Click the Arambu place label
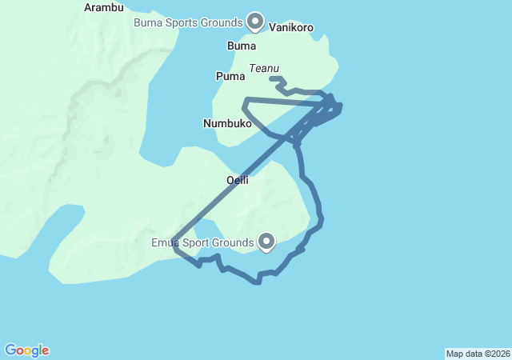tap(104, 8)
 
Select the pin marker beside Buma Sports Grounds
tap(255, 21)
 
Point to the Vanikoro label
tap(291, 27)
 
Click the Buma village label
tap(242, 46)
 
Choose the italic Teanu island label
tap(265, 69)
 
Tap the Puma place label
tap(230, 76)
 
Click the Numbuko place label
tap(228, 124)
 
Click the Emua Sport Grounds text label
tap(201, 242)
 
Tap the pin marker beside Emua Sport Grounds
tap(265, 240)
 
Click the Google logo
tap(26, 350)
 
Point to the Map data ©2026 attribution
tap(477, 354)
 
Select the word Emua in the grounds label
tap(165, 242)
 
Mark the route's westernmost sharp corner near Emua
tap(174, 238)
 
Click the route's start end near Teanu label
tap(272, 78)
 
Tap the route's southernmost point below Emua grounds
tap(257, 282)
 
